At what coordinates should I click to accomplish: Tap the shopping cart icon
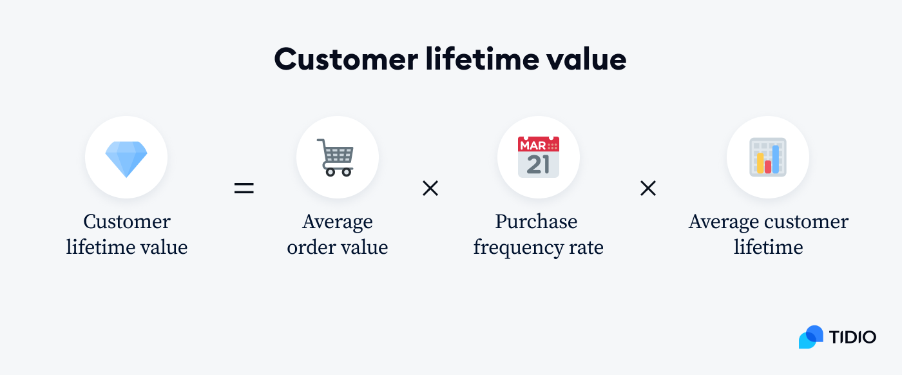coord(338,158)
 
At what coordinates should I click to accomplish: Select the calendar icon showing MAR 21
coord(539,157)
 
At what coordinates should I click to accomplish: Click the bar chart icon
coord(768,157)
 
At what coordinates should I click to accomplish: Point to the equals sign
coord(244,189)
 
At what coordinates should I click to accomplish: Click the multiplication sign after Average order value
coord(430,188)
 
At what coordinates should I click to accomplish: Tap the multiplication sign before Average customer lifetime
coord(648,188)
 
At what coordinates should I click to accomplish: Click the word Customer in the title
coord(345,60)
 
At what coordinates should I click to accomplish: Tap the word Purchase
coord(536,222)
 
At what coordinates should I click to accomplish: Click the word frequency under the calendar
coord(519,247)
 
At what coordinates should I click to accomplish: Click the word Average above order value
coord(338,222)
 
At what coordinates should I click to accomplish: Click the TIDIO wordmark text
coord(852,337)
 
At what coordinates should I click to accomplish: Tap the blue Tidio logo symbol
coord(811,337)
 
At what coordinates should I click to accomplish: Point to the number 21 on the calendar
coord(538,164)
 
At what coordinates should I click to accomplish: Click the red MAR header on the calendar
coord(533,144)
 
